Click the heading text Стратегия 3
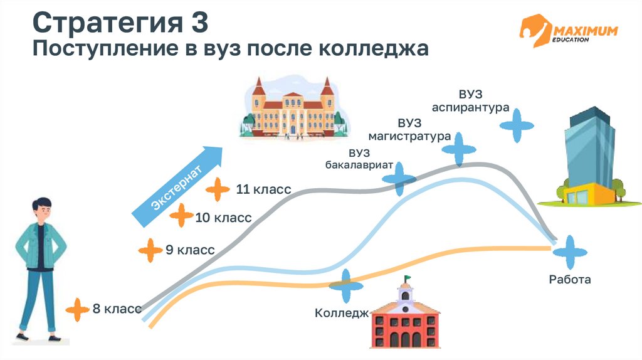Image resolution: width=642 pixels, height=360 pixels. coord(120,24)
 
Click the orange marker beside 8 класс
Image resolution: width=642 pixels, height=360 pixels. coord(78,309)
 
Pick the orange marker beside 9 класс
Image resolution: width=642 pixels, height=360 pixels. coord(150,250)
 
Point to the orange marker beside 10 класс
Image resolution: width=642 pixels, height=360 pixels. coord(182,216)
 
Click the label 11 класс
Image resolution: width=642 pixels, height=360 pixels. coord(263,189)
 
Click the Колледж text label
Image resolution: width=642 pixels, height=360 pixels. coord(341,313)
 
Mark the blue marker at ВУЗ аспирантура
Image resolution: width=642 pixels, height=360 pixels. coord(517,125)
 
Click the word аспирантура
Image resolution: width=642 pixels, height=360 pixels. coord(470,108)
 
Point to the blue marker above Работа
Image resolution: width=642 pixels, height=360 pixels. coord(569,253)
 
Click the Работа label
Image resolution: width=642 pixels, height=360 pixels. coord(569,280)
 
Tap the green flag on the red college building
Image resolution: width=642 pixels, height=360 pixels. coord(407,279)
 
